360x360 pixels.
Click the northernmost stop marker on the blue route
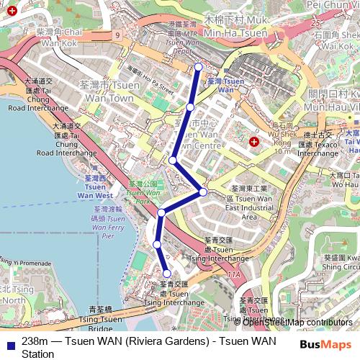coord(198,68)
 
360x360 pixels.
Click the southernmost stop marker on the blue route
coord(167,274)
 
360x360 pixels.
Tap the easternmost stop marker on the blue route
coord(203,192)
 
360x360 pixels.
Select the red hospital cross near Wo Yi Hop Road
coord(253,142)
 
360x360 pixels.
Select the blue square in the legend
coord(9,341)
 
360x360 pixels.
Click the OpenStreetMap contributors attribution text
coord(297,322)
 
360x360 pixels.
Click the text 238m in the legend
coord(35,341)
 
